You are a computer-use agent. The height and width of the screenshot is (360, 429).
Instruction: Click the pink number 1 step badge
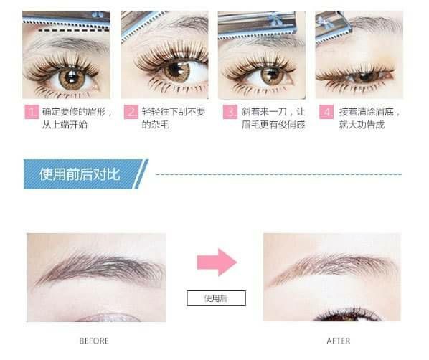point(32,112)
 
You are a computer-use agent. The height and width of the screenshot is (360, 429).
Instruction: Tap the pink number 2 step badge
point(131,112)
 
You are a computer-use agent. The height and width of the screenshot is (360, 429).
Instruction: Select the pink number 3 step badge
point(230,112)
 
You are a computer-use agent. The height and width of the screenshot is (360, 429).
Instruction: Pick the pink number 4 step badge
point(326,112)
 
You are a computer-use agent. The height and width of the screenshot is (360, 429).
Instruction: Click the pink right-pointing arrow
point(217,262)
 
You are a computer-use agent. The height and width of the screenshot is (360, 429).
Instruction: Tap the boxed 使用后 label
point(216,298)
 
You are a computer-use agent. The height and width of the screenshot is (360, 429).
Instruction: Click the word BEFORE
point(94,341)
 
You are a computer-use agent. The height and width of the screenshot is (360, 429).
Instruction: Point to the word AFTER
point(339,341)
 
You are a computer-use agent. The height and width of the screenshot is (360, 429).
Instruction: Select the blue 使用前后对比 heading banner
point(86,174)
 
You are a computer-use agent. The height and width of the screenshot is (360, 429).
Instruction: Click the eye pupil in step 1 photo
point(72,77)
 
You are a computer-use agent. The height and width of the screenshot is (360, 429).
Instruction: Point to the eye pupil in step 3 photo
point(271,73)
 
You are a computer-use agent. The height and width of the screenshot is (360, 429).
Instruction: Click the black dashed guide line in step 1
point(74,30)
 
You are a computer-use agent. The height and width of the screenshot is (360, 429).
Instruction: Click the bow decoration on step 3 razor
point(275,19)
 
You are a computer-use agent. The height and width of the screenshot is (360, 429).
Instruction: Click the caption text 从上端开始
point(65,125)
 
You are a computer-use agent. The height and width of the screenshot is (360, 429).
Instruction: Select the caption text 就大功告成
point(362,125)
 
